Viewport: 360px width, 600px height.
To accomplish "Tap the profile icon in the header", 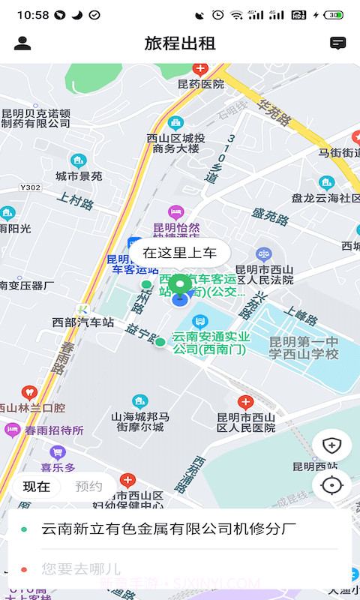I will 22,43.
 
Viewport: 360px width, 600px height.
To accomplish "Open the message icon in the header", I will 338,43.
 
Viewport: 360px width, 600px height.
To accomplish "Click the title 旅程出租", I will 180,43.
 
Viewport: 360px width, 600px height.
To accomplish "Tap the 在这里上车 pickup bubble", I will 180,253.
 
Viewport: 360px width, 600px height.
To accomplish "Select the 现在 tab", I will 36,486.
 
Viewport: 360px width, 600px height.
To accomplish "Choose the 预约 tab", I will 89,486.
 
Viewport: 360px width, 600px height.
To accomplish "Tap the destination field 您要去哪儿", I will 81,569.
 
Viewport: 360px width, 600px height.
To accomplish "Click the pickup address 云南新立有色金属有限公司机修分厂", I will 163,529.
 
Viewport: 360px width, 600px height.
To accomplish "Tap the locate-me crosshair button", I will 331,485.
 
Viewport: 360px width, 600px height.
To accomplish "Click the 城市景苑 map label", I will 79,176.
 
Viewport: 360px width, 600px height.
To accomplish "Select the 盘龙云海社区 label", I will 325,198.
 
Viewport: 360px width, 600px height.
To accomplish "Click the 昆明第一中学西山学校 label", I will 304,348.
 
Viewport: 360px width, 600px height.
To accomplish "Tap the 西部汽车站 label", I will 83,322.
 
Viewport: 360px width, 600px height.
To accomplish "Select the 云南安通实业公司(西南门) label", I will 211,343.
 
